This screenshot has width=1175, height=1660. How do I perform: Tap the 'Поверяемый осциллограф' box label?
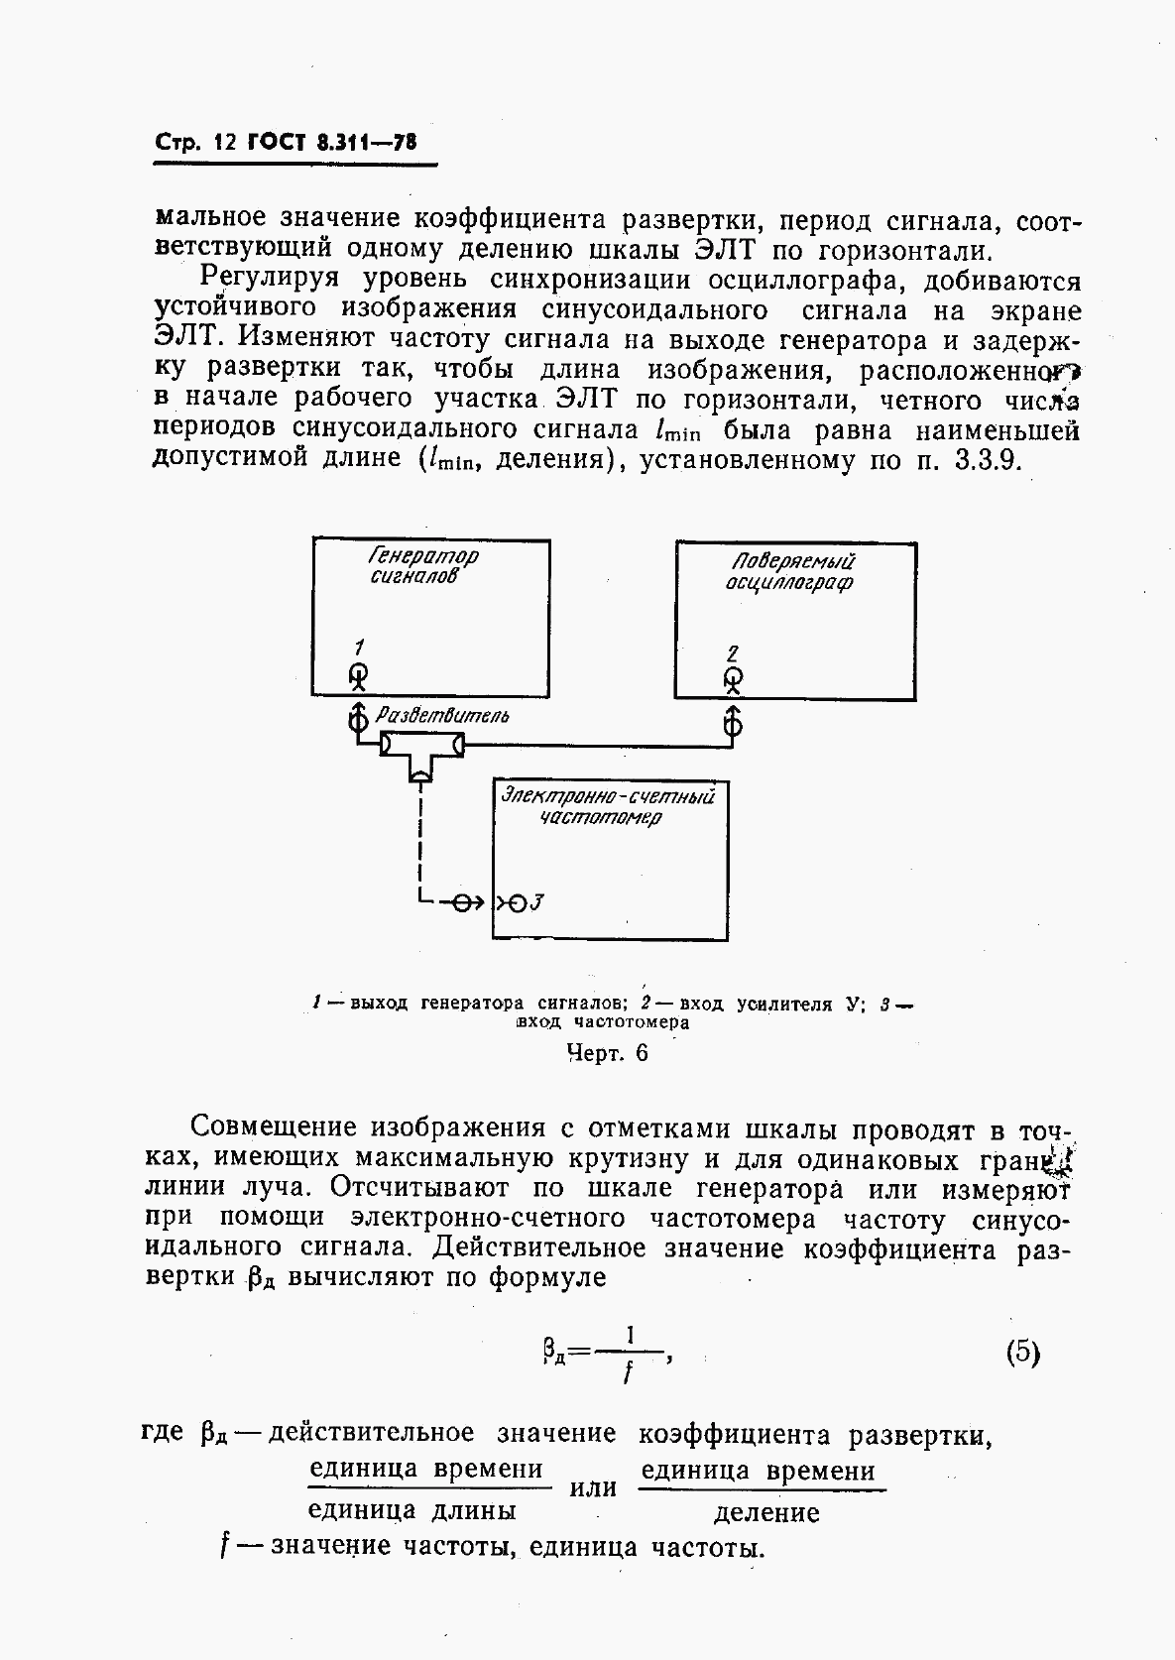pyautogui.click(x=788, y=572)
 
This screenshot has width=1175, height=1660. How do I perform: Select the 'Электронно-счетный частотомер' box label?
pyautogui.click(x=608, y=805)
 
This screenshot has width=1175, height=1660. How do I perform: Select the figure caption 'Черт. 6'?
pyautogui.click(x=607, y=1053)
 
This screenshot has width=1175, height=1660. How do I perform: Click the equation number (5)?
pyautogui.click(x=1021, y=1353)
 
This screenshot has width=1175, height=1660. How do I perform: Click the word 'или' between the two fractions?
pyautogui.click(x=594, y=1488)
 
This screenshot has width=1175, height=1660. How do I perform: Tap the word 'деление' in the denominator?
pyautogui.click(x=766, y=1512)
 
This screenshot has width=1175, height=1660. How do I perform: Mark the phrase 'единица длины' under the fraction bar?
pyautogui.click(x=412, y=1510)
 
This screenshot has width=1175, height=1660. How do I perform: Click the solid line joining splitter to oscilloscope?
pyautogui.click(x=595, y=743)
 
